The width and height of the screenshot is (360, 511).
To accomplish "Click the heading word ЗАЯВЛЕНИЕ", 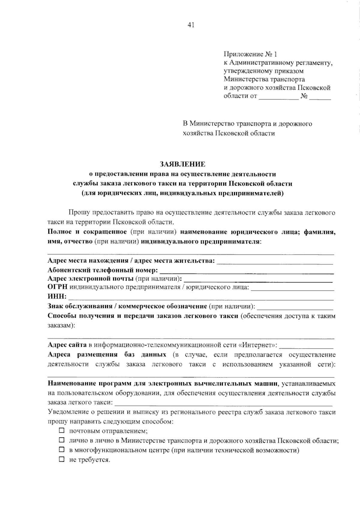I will tap(182, 164).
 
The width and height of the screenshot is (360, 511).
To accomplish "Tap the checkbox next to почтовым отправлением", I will tap(62, 431).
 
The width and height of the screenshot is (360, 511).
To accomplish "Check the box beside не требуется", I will tap(62, 459).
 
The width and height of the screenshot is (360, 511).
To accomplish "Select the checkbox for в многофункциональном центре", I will tap(62, 450).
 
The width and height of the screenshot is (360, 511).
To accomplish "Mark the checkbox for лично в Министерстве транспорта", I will tap(62, 440).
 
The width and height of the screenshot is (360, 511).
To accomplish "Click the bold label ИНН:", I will tap(57, 297).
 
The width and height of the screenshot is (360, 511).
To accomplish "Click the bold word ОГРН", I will tap(58, 287).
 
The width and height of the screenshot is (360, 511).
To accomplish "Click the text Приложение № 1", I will tap(250, 54).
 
